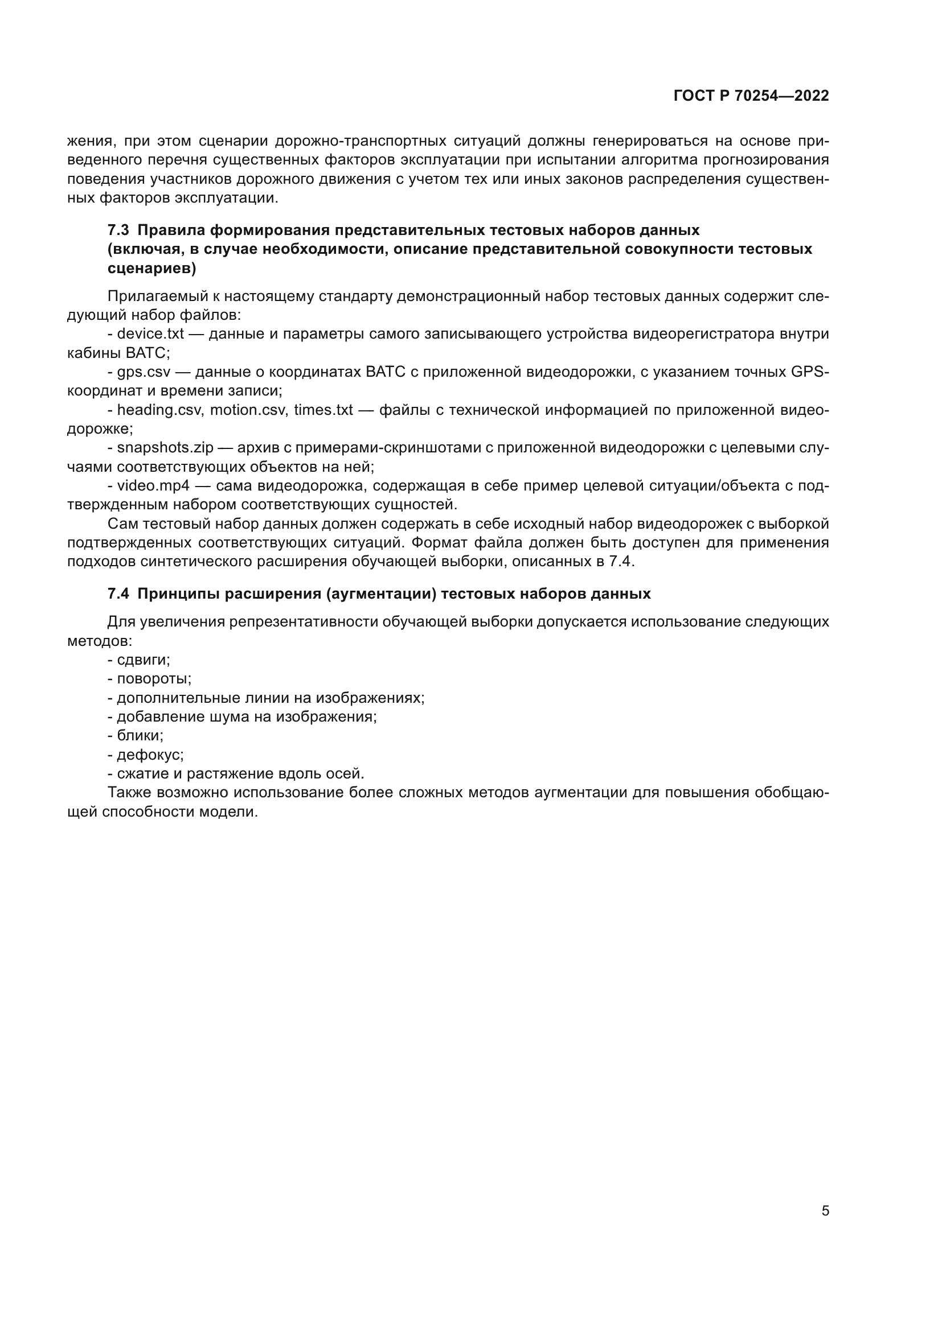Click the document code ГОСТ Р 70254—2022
click(751, 96)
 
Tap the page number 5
click(825, 1211)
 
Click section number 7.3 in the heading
click(118, 230)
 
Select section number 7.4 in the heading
click(118, 594)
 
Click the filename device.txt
click(150, 334)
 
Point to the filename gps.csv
click(144, 372)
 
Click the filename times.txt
click(323, 410)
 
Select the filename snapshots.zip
click(165, 447)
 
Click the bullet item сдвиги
click(143, 660)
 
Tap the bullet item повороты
click(154, 678)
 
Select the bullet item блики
click(140, 736)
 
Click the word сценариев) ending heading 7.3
click(152, 269)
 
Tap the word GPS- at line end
click(810, 372)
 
